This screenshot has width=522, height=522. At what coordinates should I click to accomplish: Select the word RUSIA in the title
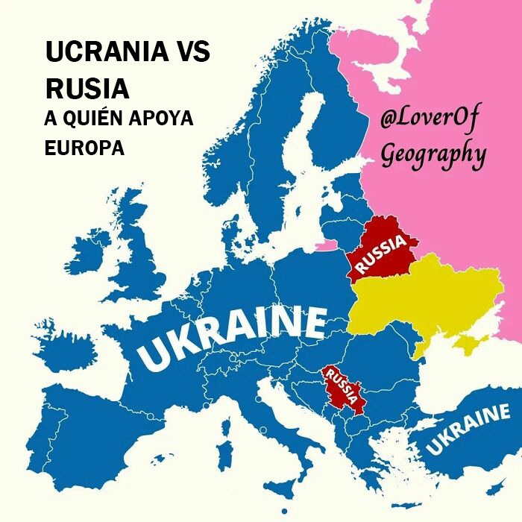tap(87, 88)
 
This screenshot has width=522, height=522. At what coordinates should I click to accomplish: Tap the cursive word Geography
tap(433, 154)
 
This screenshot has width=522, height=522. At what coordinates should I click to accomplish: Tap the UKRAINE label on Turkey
tap(468, 431)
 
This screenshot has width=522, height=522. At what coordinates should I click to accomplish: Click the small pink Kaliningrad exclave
tap(325, 244)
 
